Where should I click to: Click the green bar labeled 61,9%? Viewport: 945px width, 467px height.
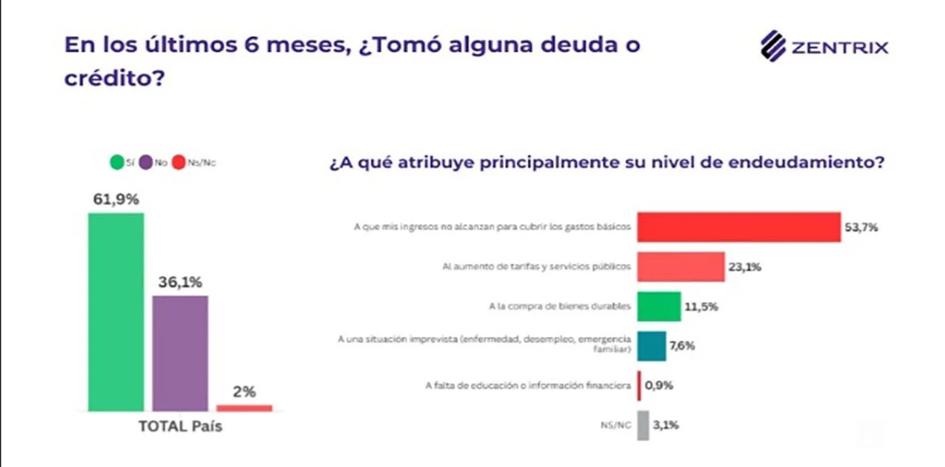point(116,312)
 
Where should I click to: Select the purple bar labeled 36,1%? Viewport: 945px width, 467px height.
point(180,353)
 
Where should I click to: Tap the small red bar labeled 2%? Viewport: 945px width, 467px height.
point(244,408)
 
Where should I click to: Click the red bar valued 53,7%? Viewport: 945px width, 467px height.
point(738,227)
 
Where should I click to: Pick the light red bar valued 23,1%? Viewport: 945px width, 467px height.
point(681,266)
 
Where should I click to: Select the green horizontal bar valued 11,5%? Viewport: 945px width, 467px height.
point(659,306)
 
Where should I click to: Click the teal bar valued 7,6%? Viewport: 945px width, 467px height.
point(652,346)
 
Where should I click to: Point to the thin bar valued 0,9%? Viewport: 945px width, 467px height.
point(639,386)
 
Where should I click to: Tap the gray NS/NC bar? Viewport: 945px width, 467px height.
point(644,426)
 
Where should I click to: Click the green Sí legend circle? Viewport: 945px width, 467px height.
point(117,162)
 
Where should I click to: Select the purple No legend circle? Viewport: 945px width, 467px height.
point(146,162)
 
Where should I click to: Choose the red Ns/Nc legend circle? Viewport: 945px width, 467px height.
point(179,162)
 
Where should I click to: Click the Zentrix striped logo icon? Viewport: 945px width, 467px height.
point(773,46)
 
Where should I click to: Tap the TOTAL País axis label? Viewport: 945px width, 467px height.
point(180,426)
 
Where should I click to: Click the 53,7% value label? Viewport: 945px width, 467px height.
point(861,228)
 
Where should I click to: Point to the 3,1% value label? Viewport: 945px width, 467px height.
point(666,425)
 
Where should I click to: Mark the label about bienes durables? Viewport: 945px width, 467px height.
point(560,306)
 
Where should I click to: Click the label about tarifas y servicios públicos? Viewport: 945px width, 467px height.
point(537,266)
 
